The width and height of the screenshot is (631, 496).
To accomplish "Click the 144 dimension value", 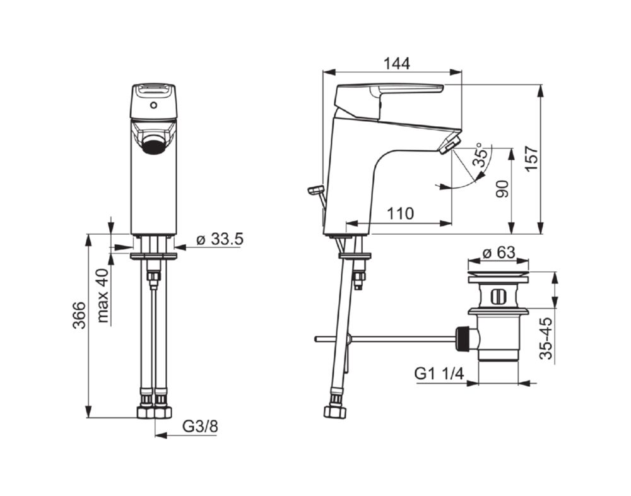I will click(396, 63).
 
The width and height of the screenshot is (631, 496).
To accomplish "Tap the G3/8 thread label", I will click(200, 427).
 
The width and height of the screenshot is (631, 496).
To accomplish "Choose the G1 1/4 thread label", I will click(439, 374).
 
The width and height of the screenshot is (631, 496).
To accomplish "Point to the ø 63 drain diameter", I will click(498, 254).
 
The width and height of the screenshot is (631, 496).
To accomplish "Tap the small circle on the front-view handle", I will click(153, 108).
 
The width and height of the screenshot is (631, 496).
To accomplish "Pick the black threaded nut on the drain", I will click(464, 338).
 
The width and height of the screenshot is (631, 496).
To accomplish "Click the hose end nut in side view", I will click(335, 411).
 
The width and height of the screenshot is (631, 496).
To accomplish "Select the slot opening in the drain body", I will click(498, 295).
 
